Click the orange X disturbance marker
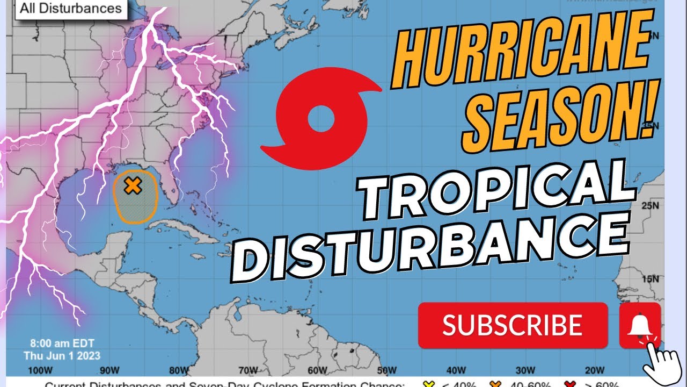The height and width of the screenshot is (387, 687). [x=132, y=186]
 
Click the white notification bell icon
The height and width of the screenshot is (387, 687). [x=639, y=324]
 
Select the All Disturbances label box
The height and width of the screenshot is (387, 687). [x=71, y=9]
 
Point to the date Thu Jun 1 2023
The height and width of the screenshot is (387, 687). [x=62, y=355]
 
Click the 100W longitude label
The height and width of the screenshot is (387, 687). [x=40, y=370]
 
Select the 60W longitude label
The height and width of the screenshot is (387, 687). [x=318, y=370]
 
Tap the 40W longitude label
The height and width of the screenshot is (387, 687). [x=456, y=370]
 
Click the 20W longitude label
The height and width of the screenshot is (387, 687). [x=595, y=370]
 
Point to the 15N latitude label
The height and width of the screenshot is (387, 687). [x=653, y=279]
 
